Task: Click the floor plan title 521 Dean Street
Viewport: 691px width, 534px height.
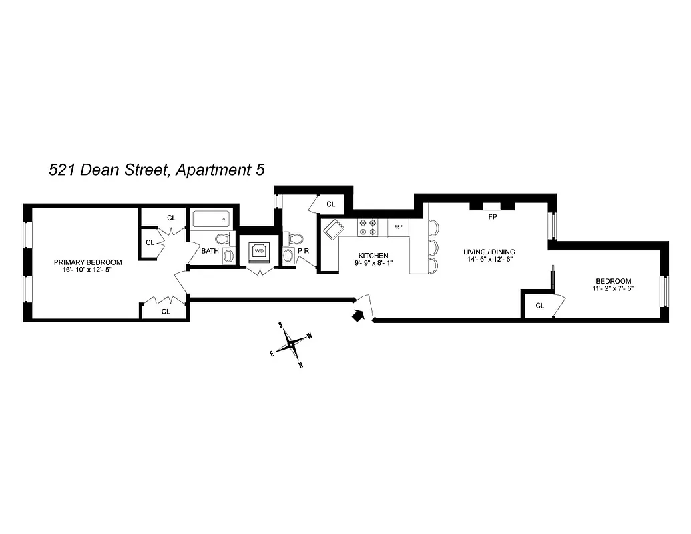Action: [x=157, y=170]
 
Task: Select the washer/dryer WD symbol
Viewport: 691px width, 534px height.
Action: [x=258, y=252]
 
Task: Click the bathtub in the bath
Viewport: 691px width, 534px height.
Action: [x=211, y=219]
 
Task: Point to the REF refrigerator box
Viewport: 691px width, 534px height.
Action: [x=398, y=227]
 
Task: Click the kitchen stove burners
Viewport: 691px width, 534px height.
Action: [x=368, y=227]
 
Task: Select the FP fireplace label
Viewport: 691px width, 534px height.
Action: [x=492, y=217]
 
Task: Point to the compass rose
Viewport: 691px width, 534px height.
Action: [x=292, y=344]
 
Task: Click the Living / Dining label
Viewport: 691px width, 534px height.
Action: [x=489, y=252]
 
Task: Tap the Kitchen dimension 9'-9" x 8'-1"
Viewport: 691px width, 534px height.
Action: [x=373, y=264]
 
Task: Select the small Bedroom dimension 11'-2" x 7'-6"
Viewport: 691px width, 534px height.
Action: [x=612, y=289]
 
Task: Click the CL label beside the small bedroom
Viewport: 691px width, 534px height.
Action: [x=540, y=306]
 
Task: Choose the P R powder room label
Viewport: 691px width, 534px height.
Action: [x=304, y=251]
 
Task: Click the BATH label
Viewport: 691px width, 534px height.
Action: [x=210, y=252]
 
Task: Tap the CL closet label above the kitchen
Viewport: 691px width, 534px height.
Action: [x=331, y=204]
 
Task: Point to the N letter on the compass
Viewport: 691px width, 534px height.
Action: [x=301, y=364]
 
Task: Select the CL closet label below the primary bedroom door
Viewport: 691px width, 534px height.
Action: [x=165, y=311]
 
